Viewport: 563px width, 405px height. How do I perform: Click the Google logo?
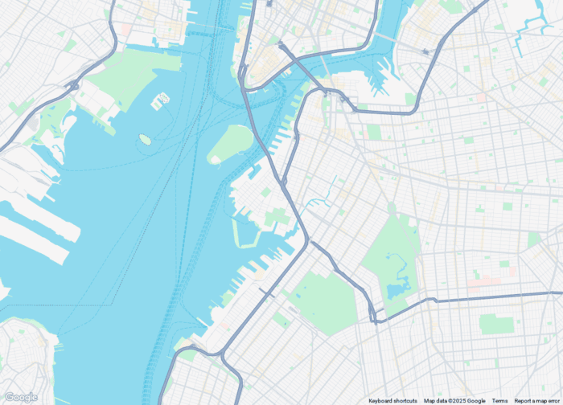click(21, 397)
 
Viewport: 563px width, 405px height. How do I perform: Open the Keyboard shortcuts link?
click(393, 401)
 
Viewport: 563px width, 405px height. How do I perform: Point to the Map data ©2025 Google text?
click(454, 401)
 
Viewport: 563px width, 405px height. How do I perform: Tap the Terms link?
click(499, 401)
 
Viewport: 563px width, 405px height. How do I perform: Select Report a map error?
click(538, 401)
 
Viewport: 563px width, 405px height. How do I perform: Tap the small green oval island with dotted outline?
click(145, 139)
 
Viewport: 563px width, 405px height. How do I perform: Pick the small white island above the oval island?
click(160, 100)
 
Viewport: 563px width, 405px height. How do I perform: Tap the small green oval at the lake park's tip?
click(391, 207)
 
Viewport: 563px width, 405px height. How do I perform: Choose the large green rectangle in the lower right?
click(495, 324)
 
